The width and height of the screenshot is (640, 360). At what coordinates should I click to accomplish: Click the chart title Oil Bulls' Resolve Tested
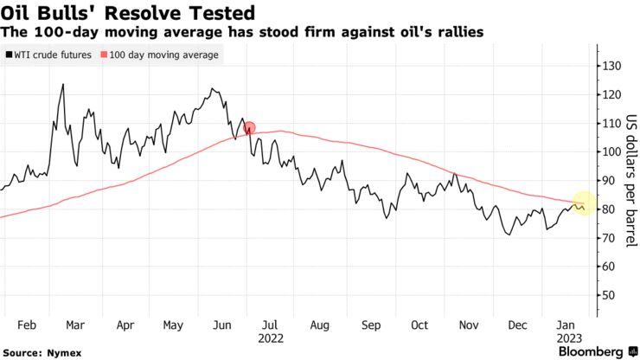coord(127,13)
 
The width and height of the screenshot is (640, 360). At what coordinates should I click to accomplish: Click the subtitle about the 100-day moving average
coord(242,32)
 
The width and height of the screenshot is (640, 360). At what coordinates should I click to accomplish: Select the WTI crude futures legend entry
coord(52,55)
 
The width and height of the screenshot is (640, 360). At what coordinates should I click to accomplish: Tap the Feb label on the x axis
coord(26,326)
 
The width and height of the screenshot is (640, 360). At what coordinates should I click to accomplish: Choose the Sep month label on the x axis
coord(371,326)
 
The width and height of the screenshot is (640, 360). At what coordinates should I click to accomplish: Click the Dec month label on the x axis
coord(517,326)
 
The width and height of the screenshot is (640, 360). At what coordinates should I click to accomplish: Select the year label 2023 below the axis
coord(568,339)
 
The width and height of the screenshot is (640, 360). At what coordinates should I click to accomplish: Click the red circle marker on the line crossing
coord(250,129)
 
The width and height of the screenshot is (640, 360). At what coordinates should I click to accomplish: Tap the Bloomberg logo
coord(591,351)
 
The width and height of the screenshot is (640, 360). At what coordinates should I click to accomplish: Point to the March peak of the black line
coord(62,85)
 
